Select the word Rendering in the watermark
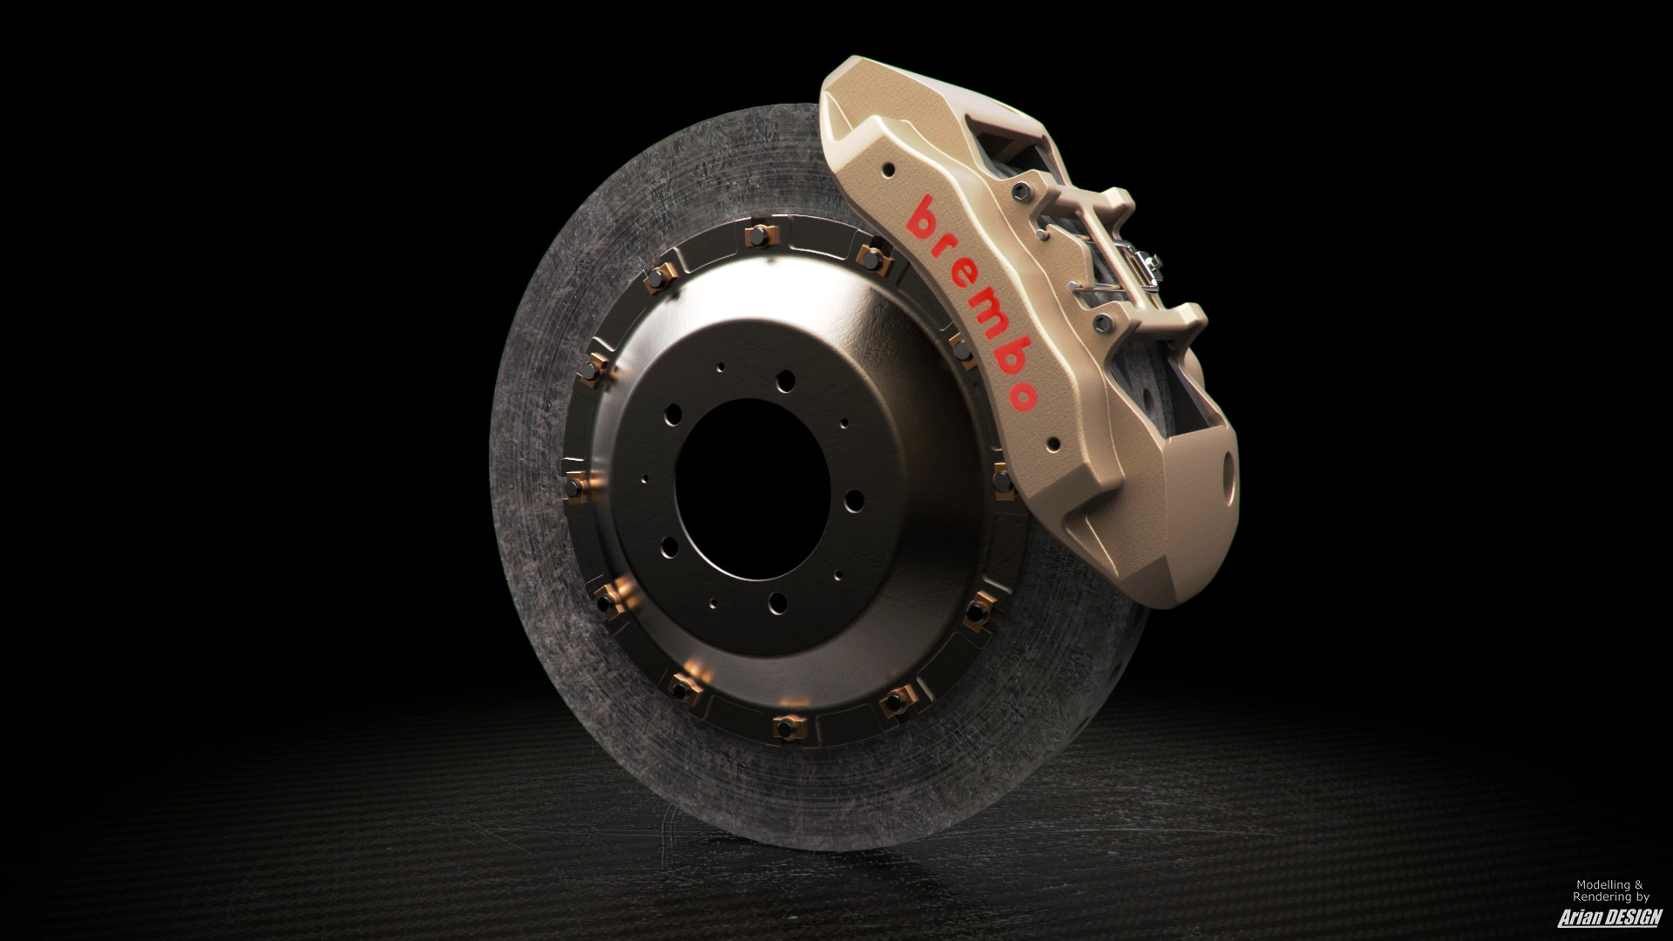(x=1602, y=897)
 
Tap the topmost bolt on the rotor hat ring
(x=759, y=237)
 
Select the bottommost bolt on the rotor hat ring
(x=788, y=724)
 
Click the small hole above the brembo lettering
(x=888, y=169)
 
